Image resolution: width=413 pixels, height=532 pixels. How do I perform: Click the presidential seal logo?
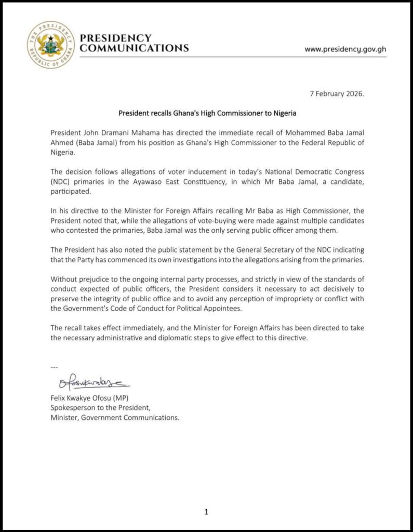(51, 45)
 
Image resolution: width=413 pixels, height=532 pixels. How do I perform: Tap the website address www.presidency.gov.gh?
(345, 49)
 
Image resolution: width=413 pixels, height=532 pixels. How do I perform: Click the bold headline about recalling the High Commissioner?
(207, 112)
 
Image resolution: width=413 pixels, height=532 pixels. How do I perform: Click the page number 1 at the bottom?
(206, 512)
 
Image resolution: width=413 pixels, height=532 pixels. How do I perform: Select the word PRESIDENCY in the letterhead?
(116, 38)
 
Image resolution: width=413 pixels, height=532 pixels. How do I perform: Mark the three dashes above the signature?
(54, 367)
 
